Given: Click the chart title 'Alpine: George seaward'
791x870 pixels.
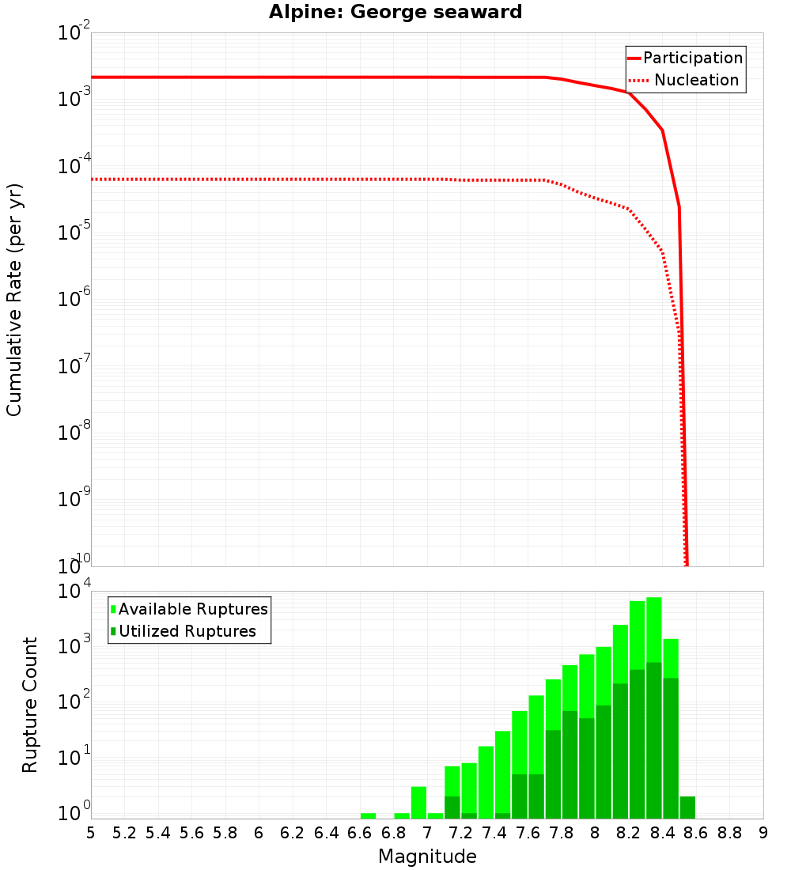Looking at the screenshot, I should [395, 12].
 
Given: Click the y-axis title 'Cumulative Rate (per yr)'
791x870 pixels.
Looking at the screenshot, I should [14, 300].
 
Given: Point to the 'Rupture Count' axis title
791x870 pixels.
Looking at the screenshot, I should [30, 705].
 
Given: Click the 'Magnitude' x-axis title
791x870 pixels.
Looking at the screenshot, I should [427, 857].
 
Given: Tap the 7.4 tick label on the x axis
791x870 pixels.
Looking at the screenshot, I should [494, 833].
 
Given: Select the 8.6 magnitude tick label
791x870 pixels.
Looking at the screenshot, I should [696, 833].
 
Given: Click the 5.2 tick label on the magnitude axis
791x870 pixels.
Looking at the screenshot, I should [124, 833].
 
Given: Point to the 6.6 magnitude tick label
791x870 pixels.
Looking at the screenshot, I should [360, 833].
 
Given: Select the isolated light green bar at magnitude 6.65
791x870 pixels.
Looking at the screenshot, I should [368, 815].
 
